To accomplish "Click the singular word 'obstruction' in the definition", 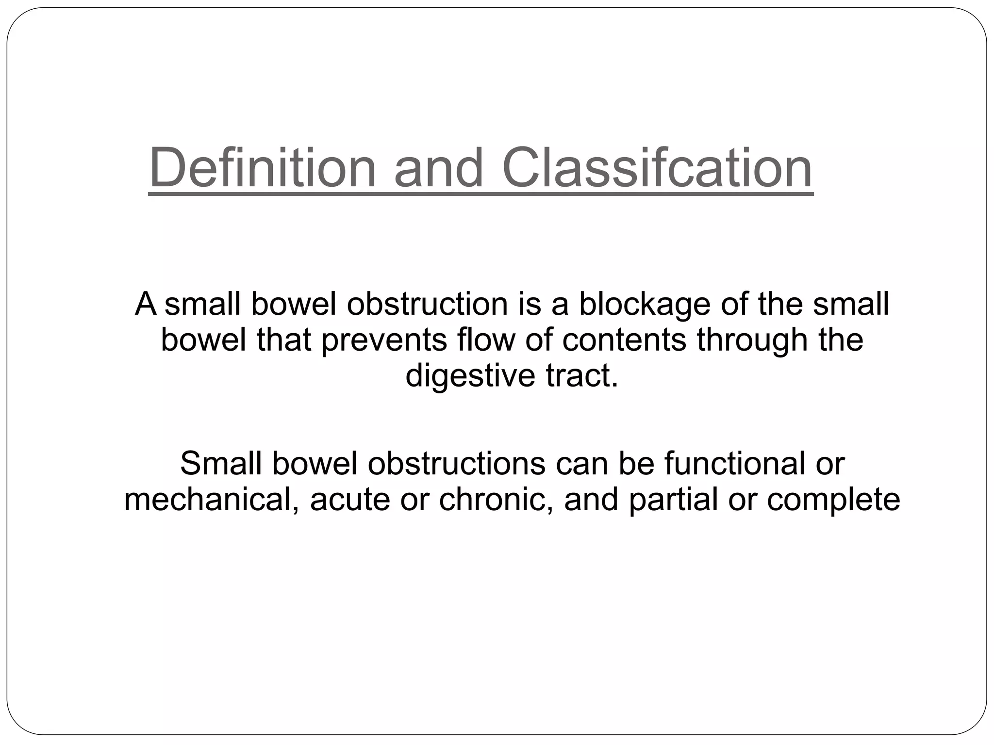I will pos(427,304).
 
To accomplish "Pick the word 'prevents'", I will pos(384,340).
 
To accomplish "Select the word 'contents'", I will pos(624,340).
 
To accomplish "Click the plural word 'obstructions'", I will pos(456,464).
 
